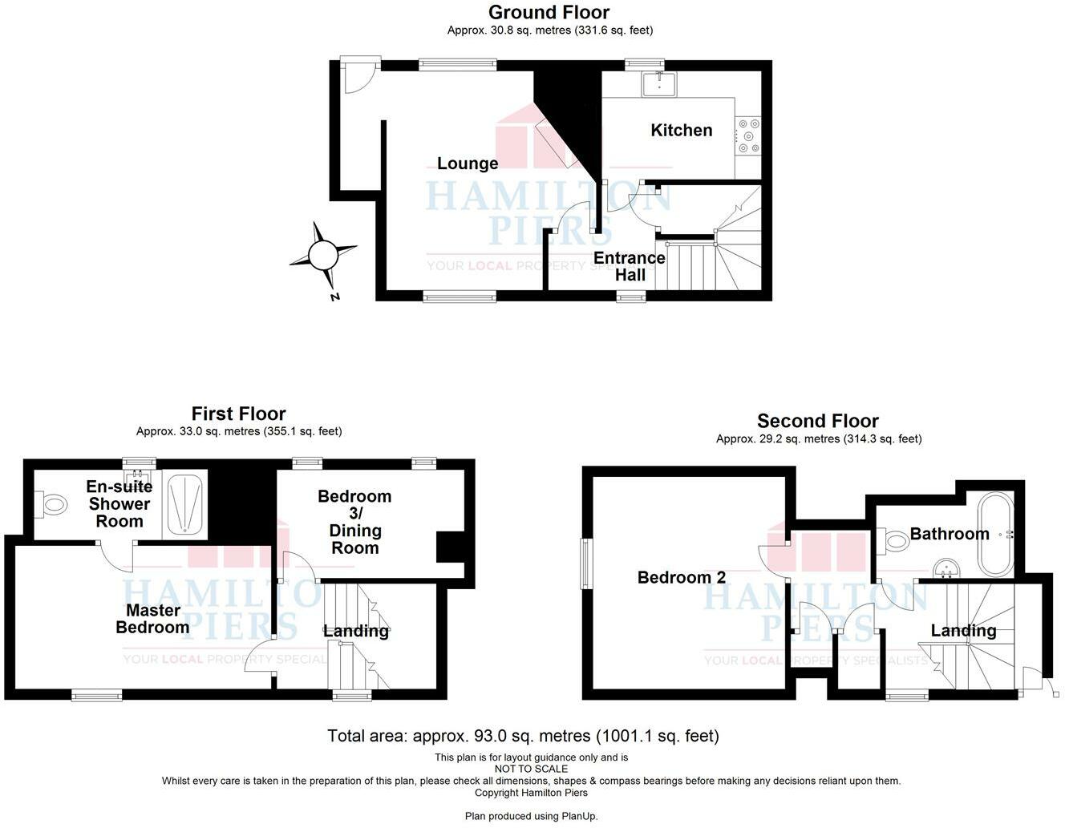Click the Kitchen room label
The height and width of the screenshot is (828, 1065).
(x=681, y=130)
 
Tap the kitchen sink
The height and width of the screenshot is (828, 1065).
(x=658, y=83)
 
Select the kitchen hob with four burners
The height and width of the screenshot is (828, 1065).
(x=749, y=136)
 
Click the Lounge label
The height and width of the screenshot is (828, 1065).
(x=468, y=164)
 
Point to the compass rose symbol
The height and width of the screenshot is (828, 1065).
(x=324, y=256)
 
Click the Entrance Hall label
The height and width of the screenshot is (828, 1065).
(x=630, y=266)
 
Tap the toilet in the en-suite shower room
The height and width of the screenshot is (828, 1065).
(x=53, y=504)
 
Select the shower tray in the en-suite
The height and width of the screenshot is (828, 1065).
(x=185, y=504)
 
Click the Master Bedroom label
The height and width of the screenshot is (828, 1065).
(x=152, y=619)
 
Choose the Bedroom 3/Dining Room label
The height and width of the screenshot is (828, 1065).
(x=354, y=522)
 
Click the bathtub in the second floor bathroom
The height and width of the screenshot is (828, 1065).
(x=995, y=535)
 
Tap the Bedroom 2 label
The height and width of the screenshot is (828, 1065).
(x=682, y=577)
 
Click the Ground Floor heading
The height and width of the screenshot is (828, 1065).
(x=549, y=12)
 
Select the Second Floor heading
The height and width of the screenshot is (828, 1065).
(x=817, y=421)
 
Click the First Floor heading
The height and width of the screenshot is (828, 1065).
(x=238, y=414)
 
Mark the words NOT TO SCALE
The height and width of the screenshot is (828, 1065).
(x=531, y=769)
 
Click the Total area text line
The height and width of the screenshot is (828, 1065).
(x=523, y=736)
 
